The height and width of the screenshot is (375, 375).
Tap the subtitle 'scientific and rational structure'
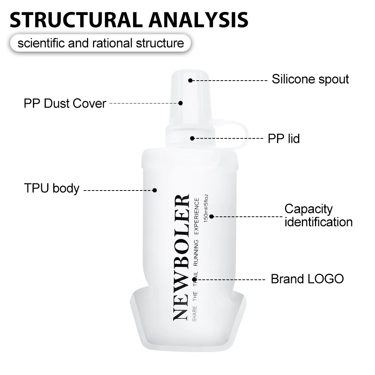(x=101, y=43)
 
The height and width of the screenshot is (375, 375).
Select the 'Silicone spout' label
(x=310, y=79)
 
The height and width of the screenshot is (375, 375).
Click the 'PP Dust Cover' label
(x=65, y=103)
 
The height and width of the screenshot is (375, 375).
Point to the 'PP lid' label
(x=284, y=138)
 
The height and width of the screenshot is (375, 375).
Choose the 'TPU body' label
(x=51, y=188)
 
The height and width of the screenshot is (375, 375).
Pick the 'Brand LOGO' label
(x=307, y=279)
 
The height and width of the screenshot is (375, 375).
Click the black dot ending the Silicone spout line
(x=190, y=80)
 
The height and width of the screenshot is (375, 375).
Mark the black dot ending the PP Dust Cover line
(x=180, y=103)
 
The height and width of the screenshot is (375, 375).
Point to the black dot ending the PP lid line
(x=192, y=138)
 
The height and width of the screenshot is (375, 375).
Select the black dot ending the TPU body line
(x=154, y=190)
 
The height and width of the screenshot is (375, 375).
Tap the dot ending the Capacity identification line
(x=211, y=216)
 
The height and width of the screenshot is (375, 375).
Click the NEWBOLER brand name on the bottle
(x=181, y=257)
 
